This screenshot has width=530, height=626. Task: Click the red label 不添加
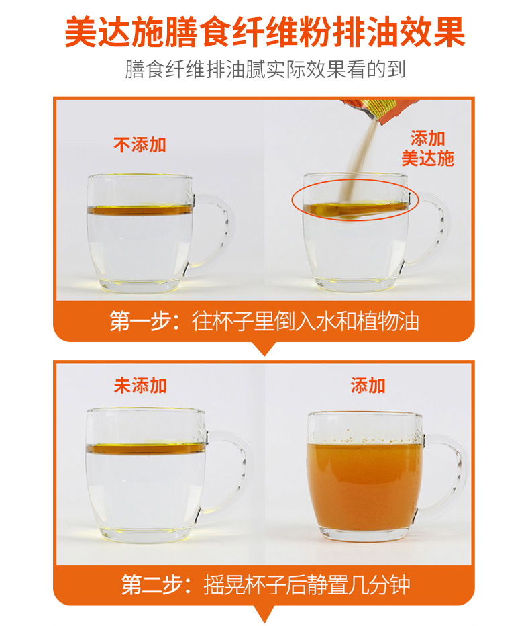tap(140, 145)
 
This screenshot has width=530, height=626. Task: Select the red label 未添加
tap(140, 386)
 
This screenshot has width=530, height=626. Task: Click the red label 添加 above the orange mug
tap(368, 386)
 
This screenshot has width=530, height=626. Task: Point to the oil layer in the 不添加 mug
tap(140, 210)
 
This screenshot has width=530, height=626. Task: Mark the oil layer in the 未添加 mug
tap(146, 448)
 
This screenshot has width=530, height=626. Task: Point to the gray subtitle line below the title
tap(265, 69)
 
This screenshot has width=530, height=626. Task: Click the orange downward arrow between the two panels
tap(264, 348)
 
